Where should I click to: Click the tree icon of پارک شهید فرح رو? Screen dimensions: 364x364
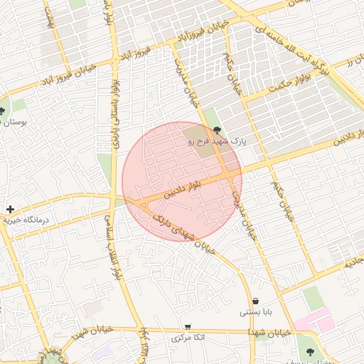pyautogui.click(x=215, y=129)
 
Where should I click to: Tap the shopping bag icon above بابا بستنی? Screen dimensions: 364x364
pyautogui.click(x=255, y=301)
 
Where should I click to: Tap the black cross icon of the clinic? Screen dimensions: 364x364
pyautogui.click(x=9, y=209)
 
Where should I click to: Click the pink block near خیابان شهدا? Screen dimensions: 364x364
pyautogui.click(x=313, y=321)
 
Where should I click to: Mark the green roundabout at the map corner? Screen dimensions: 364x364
pyautogui.click(x=50, y=356)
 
